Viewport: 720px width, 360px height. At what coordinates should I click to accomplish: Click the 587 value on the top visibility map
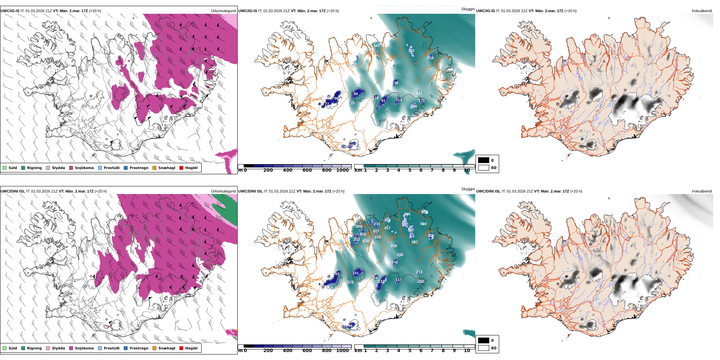coord(377,46)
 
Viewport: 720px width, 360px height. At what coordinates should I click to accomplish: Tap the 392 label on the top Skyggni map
coord(411,51)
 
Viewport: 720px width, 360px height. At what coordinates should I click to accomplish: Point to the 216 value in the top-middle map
coord(430,58)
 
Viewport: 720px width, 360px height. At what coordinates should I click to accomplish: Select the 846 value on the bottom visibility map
coord(407,214)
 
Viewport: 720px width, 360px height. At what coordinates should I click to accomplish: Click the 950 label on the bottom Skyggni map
coord(423,224)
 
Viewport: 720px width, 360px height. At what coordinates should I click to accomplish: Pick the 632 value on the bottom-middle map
coord(366,241)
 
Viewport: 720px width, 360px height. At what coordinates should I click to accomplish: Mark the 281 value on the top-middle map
coord(419,93)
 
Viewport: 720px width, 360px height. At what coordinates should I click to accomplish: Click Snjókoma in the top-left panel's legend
coord(84,168)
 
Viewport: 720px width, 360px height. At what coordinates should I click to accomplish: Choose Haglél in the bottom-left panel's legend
coord(191,348)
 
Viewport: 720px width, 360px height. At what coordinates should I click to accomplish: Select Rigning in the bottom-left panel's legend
coord(34,348)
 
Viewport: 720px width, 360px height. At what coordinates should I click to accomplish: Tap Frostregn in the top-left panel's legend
coord(139,168)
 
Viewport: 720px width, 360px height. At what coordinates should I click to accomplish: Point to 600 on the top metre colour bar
coord(307,171)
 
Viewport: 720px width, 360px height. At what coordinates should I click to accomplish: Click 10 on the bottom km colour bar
coord(467,351)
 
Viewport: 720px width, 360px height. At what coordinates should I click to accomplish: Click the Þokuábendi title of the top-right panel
coord(702,11)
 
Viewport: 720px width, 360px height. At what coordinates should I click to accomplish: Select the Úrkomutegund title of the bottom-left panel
coord(223,191)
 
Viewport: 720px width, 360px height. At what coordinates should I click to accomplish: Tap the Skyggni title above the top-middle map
coord(468,9)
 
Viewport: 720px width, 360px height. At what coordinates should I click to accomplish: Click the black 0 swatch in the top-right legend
coord(484,160)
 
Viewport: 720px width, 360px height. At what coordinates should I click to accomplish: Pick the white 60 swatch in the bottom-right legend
coord(484,348)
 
